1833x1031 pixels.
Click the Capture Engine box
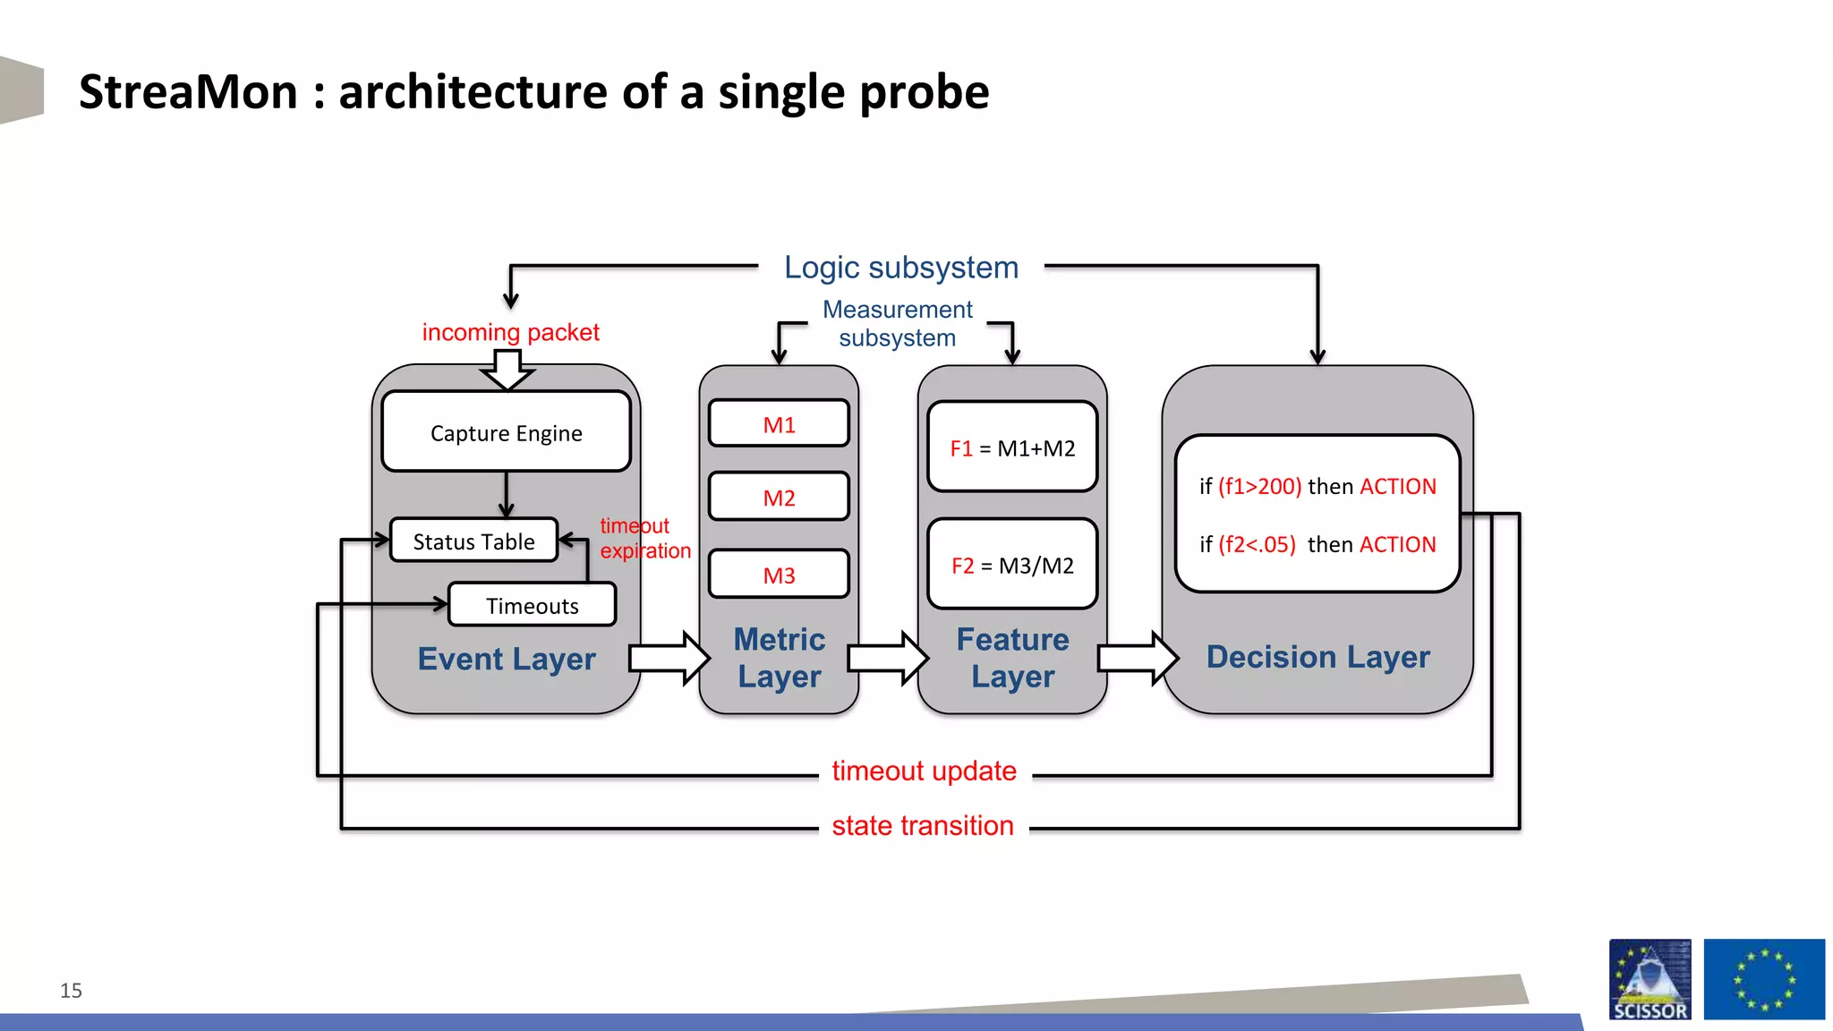pyautogui.click(x=506, y=432)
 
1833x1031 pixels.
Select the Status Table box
pyautogui.click(x=473, y=541)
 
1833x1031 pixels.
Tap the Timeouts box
pyautogui.click(x=532, y=605)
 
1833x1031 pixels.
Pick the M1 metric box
pyautogui.click(x=779, y=424)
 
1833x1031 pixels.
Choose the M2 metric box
pyautogui.click(x=779, y=498)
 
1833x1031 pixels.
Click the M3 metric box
pyautogui.click(x=779, y=575)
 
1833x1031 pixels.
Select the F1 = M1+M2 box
pyautogui.click(x=1012, y=447)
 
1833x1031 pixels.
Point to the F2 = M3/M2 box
pyautogui.click(x=1012, y=565)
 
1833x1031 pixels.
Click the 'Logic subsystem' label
pyautogui.click(x=900, y=267)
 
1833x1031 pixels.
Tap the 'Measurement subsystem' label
pyautogui.click(x=897, y=323)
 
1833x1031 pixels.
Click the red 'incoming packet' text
pyautogui.click(x=510, y=332)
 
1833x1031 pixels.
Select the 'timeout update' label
pyautogui.click(x=924, y=771)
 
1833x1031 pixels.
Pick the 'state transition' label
pyautogui.click(x=922, y=825)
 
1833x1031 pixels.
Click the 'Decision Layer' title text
pyautogui.click(x=1317, y=657)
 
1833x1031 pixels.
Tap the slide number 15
pyautogui.click(x=71, y=990)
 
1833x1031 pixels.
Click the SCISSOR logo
pyautogui.click(x=1650, y=979)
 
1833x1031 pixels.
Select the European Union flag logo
pyautogui.click(x=1763, y=979)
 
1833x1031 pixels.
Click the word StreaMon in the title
pyautogui.click(x=188, y=92)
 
